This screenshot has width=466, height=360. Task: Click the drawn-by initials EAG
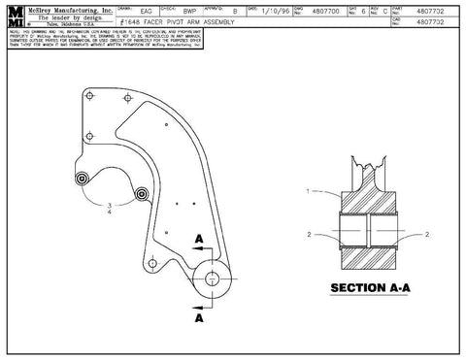(x=146, y=9)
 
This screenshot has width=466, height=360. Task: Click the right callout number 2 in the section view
(x=428, y=235)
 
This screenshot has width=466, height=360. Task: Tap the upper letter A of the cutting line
(x=199, y=238)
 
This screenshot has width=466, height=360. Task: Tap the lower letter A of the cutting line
(x=199, y=316)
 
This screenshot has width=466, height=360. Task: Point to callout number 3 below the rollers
(x=110, y=205)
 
